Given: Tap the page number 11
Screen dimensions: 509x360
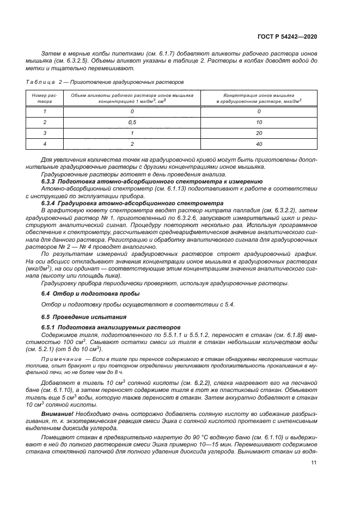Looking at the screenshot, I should [314, 463].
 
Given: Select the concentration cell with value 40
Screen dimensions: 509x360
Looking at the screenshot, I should [259, 144].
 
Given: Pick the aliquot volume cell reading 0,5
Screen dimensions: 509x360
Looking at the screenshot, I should [132, 122].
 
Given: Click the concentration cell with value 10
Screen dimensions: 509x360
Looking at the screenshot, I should [259, 122].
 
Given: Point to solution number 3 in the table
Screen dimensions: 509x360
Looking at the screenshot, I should [45, 133].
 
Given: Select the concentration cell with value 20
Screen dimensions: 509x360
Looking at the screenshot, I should [259, 133].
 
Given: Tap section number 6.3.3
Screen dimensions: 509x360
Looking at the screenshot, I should [53, 180].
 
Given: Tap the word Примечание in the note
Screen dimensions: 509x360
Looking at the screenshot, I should [64, 361].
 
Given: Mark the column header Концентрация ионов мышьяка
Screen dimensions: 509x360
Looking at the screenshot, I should [259, 95].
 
